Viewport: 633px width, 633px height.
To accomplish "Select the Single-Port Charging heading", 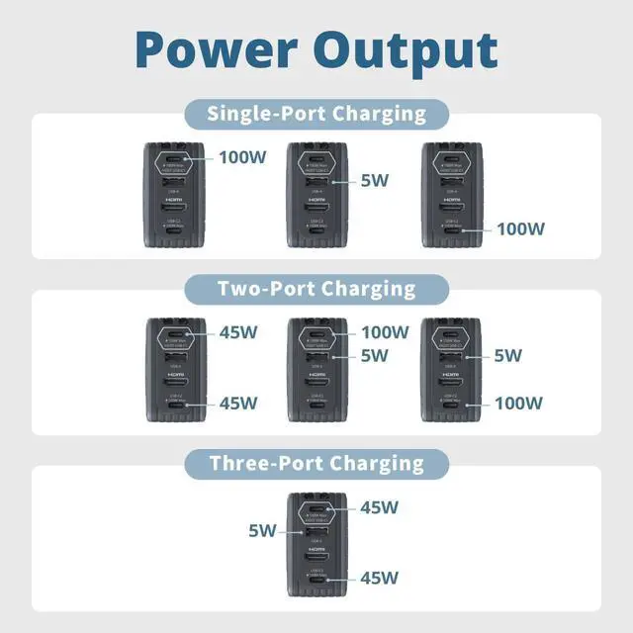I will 316,113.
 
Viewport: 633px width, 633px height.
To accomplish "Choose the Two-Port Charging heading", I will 316,288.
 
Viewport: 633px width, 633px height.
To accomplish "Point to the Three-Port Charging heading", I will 316,462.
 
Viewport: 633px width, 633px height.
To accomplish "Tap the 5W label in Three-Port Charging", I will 262,531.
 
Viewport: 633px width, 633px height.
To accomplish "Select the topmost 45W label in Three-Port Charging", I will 379,507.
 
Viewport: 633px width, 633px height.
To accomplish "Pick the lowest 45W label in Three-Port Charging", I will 379,577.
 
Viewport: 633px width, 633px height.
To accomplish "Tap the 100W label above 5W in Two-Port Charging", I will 386,332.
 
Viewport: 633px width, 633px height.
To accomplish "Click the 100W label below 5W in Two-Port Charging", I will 519,403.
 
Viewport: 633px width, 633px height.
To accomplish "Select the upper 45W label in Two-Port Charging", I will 237,332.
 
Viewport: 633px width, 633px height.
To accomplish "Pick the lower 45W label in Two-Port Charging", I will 237,403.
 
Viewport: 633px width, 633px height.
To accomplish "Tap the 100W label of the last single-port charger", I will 520,228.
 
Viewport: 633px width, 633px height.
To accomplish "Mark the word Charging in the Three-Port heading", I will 375,462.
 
